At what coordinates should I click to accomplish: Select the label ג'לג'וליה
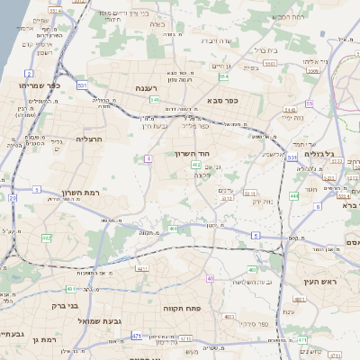point(319,153)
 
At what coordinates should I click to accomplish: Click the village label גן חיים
point(221,66)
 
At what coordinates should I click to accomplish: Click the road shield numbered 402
point(195,165)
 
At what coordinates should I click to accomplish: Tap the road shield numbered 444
point(293,194)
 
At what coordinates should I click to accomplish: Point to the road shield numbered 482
point(46,238)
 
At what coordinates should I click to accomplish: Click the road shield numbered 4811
point(141,268)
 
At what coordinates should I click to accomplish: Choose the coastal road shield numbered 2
point(30,74)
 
